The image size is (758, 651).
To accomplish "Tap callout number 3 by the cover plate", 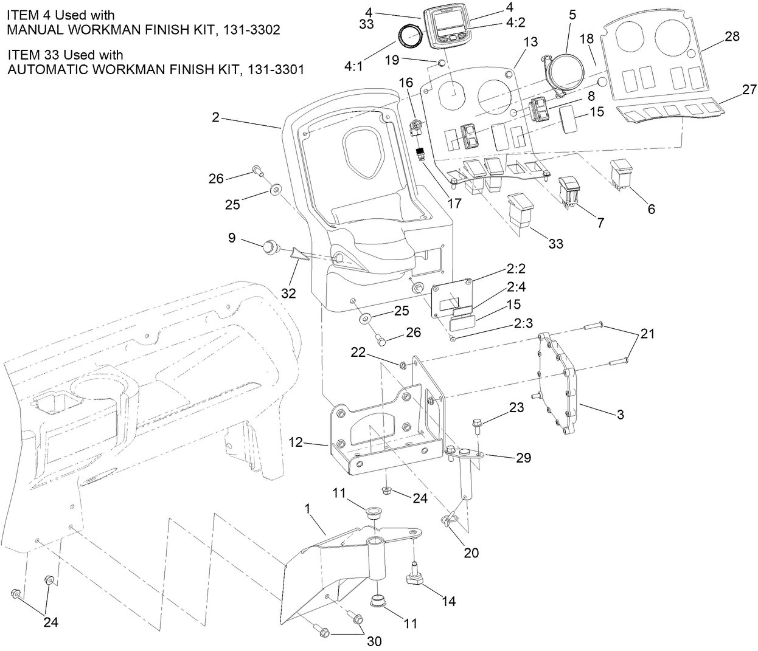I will (620, 415).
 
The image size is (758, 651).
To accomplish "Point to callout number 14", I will (448, 601).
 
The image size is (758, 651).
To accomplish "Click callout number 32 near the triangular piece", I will (288, 293).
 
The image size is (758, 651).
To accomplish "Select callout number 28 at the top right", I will (732, 36).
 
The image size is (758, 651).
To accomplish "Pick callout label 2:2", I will (515, 269).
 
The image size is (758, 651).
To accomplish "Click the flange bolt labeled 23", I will (478, 423).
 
